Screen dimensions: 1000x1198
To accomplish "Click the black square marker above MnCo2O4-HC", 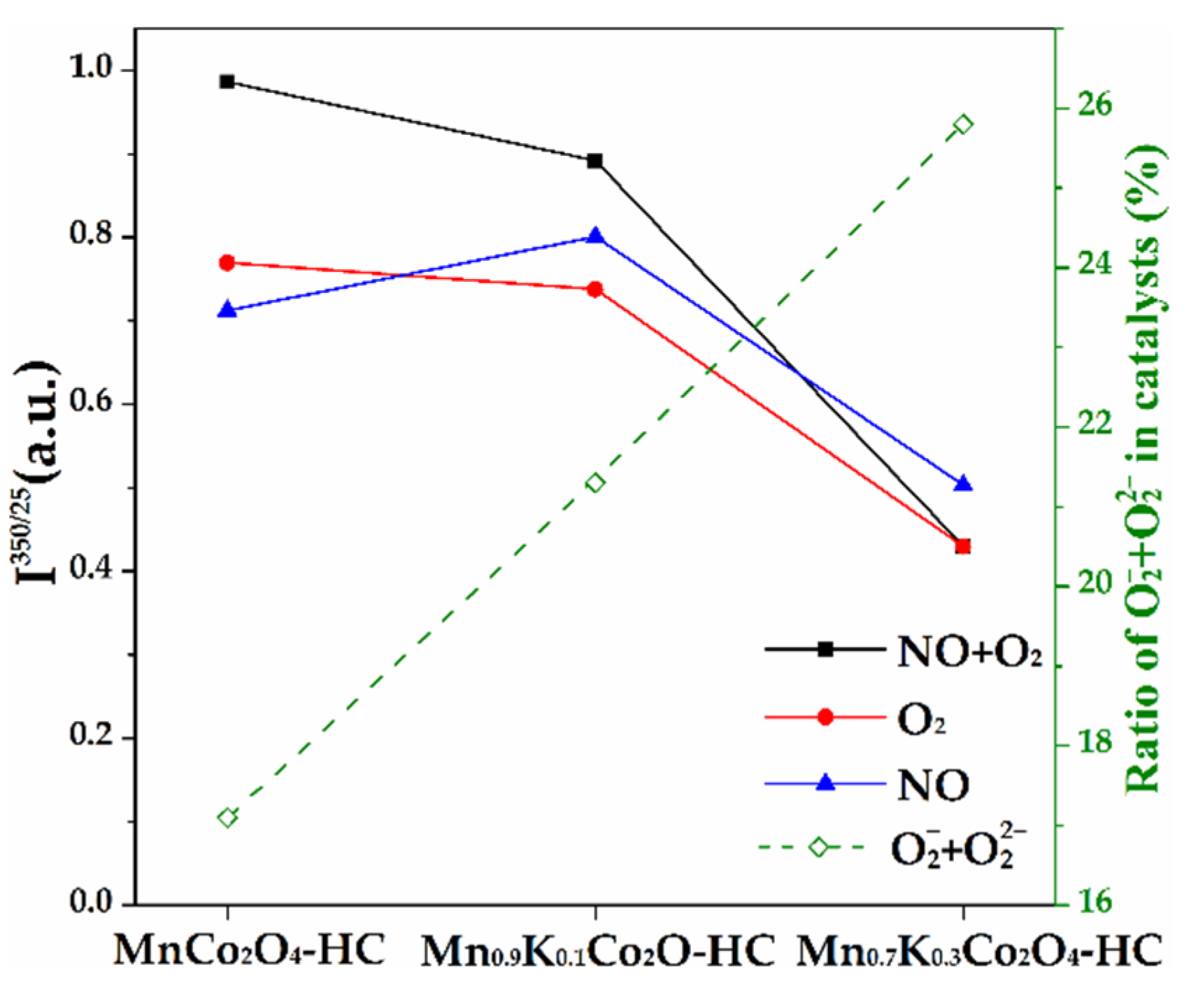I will [x=227, y=82].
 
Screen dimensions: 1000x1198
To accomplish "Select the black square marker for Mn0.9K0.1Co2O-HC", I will [x=595, y=162].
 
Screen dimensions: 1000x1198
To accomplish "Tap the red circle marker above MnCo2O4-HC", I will [x=227, y=263].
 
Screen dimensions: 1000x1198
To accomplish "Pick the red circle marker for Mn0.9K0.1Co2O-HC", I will [x=595, y=290].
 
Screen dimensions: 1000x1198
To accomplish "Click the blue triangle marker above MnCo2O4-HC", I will [x=227, y=310].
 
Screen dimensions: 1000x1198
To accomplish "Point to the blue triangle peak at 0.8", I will [x=595, y=236].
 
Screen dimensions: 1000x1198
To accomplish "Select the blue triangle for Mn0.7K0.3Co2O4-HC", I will [x=964, y=484].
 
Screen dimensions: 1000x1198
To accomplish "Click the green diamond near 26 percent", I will [x=964, y=124].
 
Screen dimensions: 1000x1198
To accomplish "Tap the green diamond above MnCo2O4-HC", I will [x=227, y=817].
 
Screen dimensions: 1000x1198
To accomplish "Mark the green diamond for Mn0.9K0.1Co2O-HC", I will [x=595, y=483].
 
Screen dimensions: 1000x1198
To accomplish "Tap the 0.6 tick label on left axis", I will [x=90, y=403].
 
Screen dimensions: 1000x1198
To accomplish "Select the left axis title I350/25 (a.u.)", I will [x=38, y=476].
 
